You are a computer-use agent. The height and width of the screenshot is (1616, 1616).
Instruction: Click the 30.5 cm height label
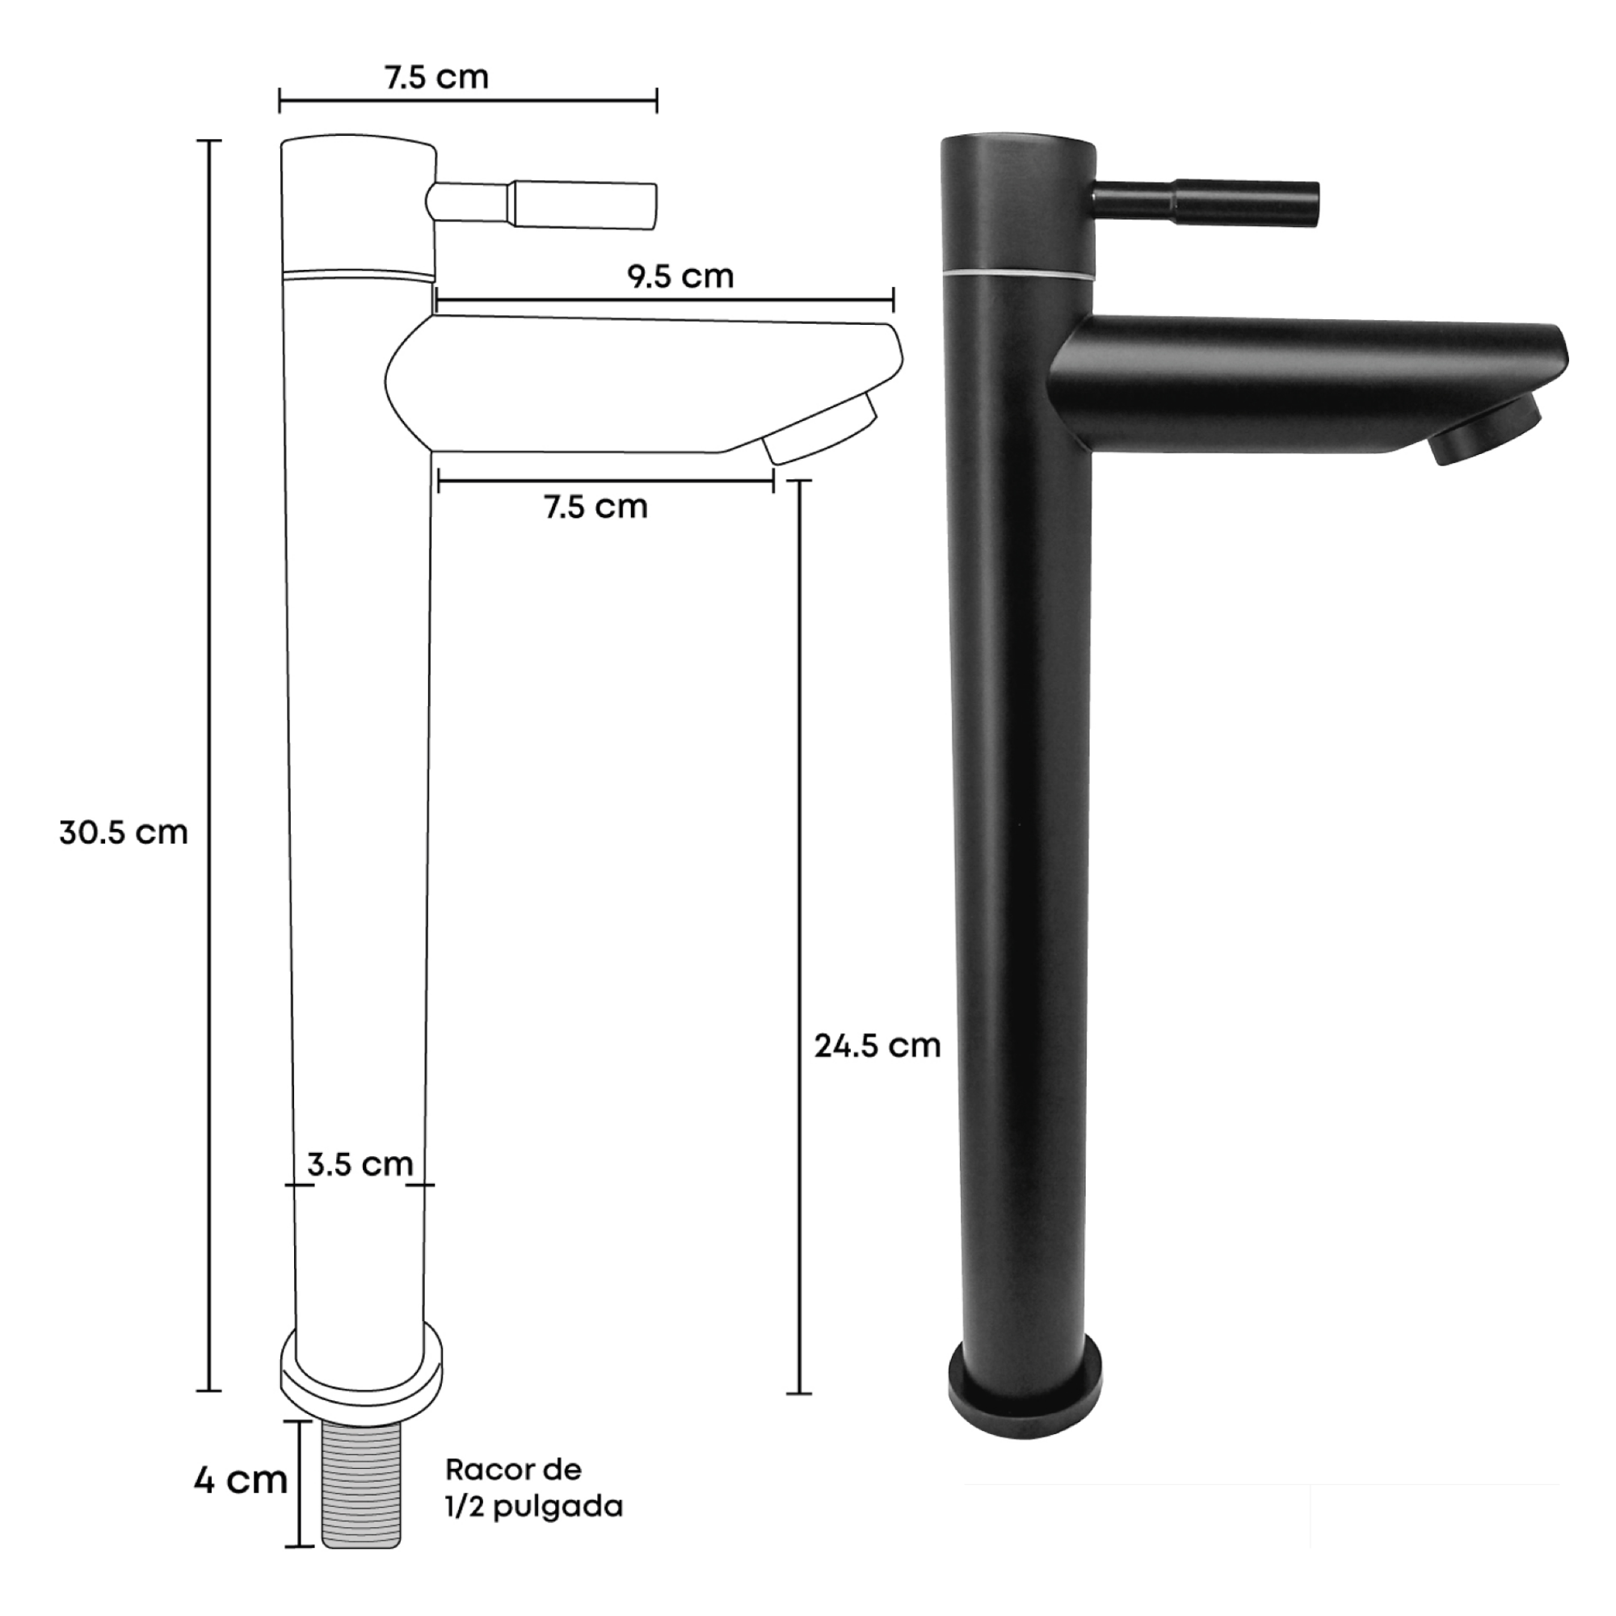(x=124, y=833)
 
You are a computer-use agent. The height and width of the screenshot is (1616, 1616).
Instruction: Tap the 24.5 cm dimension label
(x=878, y=1046)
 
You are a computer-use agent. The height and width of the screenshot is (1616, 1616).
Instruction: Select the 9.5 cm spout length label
(x=681, y=276)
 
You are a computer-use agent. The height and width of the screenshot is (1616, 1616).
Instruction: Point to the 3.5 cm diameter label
(x=360, y=1164)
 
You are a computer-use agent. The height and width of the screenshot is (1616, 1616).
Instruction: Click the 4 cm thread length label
(x=241, y=1479)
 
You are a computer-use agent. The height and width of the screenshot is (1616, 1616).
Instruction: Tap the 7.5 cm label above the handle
(x=436, y=77)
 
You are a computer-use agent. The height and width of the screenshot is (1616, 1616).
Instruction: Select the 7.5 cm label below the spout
(x=596, y=507)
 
